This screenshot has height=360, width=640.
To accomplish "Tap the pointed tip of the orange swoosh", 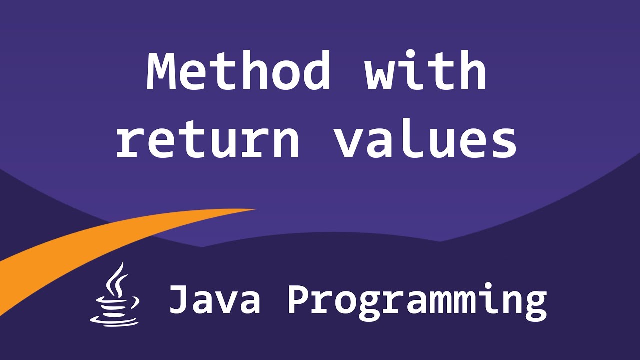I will [x=255, y=209].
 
